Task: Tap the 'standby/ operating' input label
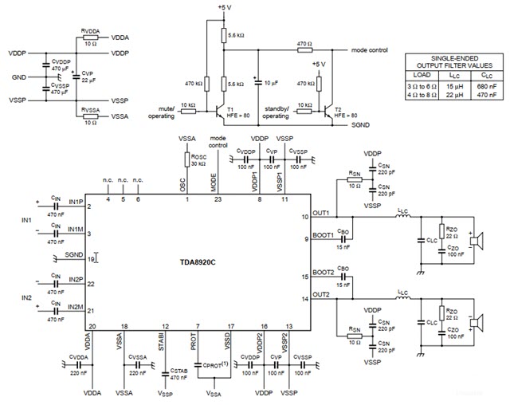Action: pos(276,112)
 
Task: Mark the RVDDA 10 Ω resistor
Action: pos(91,37)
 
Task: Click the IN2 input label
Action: pos(25,297)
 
